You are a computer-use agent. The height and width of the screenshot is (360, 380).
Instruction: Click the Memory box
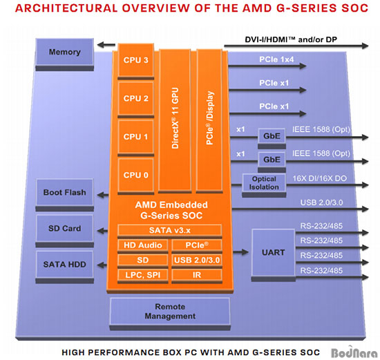point(65,52)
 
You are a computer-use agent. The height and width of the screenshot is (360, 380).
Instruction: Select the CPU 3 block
point(135,60)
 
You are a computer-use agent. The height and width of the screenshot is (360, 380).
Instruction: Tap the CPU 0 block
point(135,175)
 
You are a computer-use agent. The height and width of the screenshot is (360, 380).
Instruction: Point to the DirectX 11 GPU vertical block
point(175,120)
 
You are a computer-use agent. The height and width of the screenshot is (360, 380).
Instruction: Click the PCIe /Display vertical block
point(209,120)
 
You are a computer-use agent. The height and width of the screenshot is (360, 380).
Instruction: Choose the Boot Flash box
point(65,193)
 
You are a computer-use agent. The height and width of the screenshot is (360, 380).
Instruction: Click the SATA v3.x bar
point(170,230)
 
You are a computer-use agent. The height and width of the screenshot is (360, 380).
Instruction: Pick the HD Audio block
point(143,245)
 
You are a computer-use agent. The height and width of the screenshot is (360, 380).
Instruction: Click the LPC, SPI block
point(143,275)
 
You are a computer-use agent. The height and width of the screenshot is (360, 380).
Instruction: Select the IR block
point(197,275)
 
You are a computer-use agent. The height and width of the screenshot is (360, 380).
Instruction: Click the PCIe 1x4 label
point(276,59)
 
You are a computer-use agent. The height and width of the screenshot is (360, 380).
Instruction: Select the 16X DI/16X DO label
point(320,178)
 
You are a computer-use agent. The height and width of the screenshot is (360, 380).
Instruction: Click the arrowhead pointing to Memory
point(101,45)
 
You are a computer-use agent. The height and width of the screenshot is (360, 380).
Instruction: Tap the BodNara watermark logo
point(354,352)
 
